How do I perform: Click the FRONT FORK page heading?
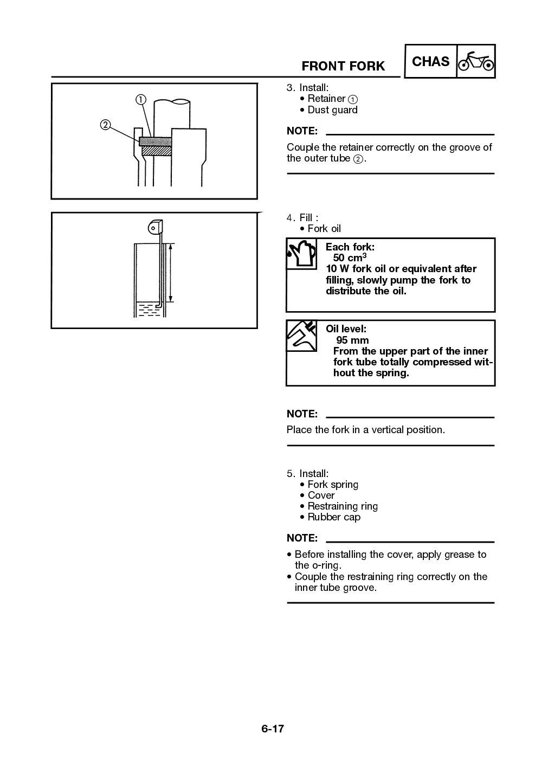point(343,66)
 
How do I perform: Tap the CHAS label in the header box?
point(430,62)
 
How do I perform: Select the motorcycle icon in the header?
point(476,62)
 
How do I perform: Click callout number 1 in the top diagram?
point(140,99)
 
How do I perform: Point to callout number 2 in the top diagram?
point(105,125)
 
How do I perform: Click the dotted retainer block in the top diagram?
point(156,141)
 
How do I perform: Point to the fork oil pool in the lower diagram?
point(148,310)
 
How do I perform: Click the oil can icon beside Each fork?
point(301,254)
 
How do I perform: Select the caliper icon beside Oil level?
point(301,336)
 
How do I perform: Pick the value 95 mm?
point(352,340)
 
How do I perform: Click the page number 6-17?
point(272,729)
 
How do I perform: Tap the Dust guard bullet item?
point(332,110)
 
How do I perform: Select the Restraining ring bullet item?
point(343,506)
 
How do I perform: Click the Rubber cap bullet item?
point(334,517)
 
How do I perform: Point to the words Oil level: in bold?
point(346,329)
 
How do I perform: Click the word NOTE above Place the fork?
point(302,414)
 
